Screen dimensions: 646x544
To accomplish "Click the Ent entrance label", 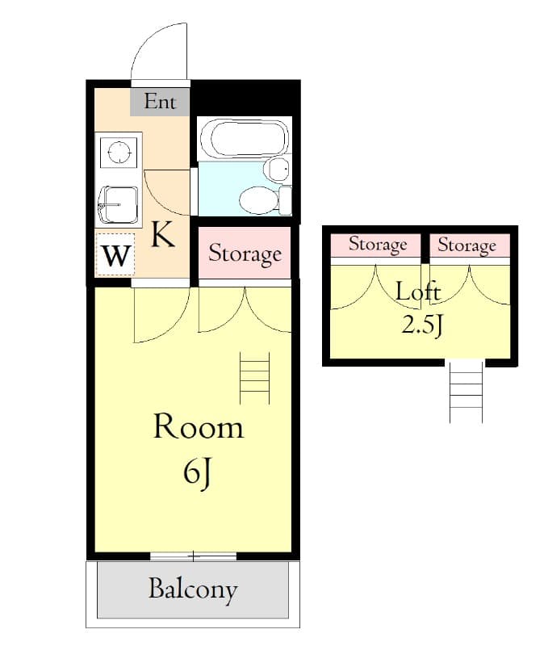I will pos(160,103).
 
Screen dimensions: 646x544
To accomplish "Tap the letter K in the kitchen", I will pos(162,235).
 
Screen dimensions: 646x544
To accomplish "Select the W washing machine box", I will pos(116,257).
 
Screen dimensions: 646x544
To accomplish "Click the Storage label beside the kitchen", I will pos(245,254).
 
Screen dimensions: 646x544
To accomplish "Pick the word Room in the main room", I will pos(198,426).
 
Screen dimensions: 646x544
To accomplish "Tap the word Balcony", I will pos(192,589).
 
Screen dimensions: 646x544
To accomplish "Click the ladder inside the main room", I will pos(254,378).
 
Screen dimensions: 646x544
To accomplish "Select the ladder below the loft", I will pos(466,392).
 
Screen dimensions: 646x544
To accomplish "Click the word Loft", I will pos(418,292).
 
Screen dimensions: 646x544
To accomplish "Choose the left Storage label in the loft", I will pos(378,244).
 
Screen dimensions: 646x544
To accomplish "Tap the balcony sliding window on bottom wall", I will pos(193,556).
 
